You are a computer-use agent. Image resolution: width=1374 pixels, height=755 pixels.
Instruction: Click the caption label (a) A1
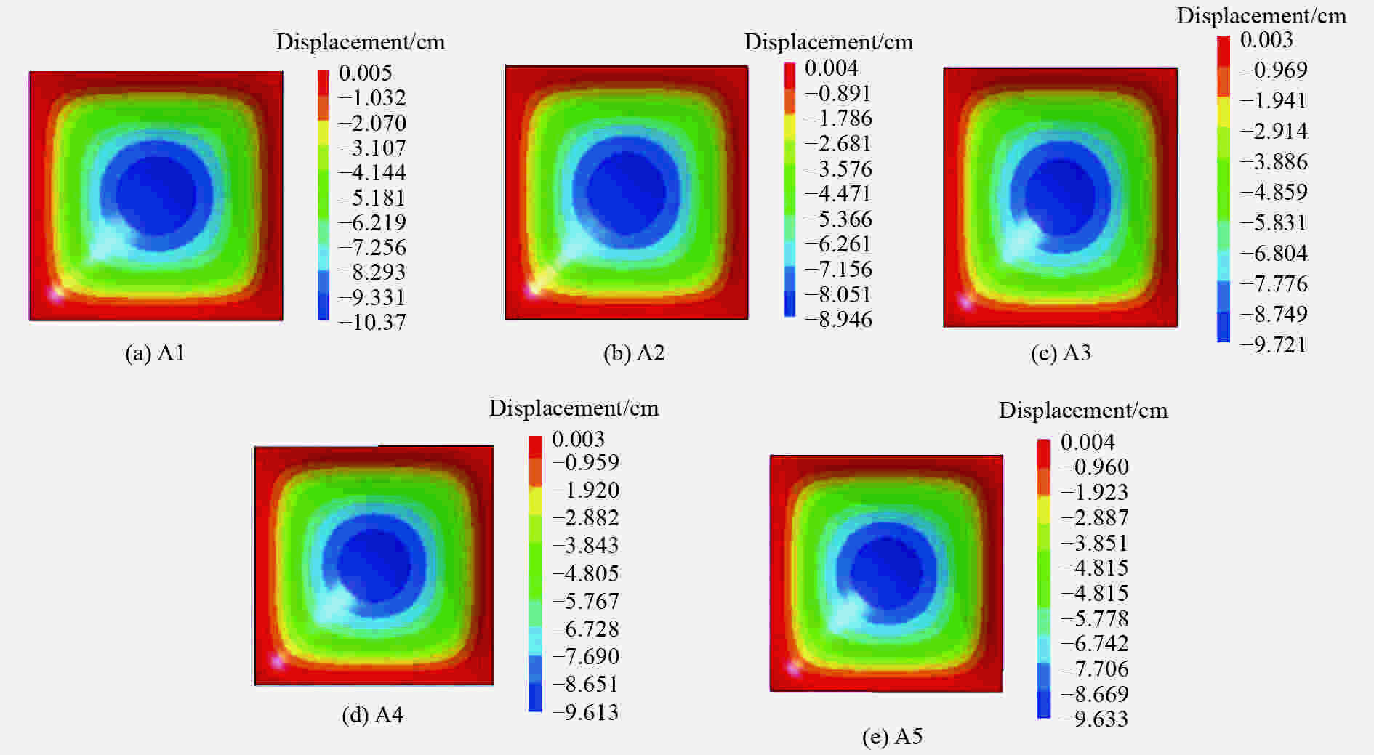pyautogui.click(x=155, y=353)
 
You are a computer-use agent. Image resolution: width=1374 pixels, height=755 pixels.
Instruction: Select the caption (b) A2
pyautogui.click(x=634, y=353)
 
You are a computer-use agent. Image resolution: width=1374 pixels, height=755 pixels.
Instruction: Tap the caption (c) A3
pyautogui.click(x=1061, y=353)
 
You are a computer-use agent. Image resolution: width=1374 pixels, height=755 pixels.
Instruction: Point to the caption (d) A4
pyautogui.click(x=372, y=715)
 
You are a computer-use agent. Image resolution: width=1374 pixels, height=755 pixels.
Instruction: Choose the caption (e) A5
pyautogui.click(x=892, y=737)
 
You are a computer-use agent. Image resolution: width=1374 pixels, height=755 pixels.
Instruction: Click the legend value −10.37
pyautogui.click(x=373, y=322)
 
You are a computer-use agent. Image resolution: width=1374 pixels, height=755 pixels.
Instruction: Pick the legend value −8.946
pyautogui.click(x=838, y=319)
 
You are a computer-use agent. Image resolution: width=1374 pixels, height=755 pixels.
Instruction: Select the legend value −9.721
pyautogui.click(x=1273, y=344)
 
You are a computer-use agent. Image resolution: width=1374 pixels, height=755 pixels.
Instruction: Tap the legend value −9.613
pyautogui.click(x=585, y=712)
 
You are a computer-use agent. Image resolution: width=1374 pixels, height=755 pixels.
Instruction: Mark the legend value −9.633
pyautogui.click(x=1094, y=719)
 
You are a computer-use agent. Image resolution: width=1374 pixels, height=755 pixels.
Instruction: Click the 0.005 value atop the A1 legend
pyautogui.click(x=365, y=73)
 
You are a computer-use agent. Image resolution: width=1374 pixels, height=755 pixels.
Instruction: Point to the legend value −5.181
pyautogui.click(x=373, y=198)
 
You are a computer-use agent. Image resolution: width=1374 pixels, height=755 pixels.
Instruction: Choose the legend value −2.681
pyautogui.click(x=838, y=143)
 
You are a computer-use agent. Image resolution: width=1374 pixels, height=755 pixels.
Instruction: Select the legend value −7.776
pyautogui.click(x=1273, y=283)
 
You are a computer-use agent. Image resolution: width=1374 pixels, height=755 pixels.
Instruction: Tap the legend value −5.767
pyautogui.click(x=585, y=601)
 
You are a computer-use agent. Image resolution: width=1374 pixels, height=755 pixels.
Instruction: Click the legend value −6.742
pyautogui.click(x=1094, y=643)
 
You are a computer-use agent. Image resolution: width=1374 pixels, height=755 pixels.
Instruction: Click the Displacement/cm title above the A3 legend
pyautogui.click(x=1261, y=15)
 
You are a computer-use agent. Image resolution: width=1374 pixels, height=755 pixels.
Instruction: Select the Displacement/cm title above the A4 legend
pyautogui.click(x=574, y=408)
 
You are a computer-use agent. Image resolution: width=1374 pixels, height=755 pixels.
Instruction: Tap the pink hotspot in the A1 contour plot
pyautogui.click(x=55, y=294)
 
